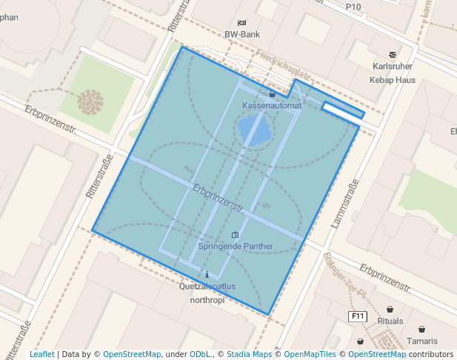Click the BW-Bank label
pos(242,34)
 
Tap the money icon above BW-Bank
pos(242,23)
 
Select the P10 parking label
pos(353,7)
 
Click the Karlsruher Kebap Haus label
pos(393,72)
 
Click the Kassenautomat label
pos(272,106)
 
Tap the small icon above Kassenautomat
pos(272,95)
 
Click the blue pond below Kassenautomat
pos(254,132)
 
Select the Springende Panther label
pos(236,246)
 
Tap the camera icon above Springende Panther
pos(236,235)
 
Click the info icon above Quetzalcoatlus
pos(207,275)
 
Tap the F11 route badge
pos(358,316)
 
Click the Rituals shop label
pos(390,321)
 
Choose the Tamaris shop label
pos(421,341)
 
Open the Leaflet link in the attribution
pos(41,355)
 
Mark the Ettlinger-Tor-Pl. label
pos(344,275)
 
